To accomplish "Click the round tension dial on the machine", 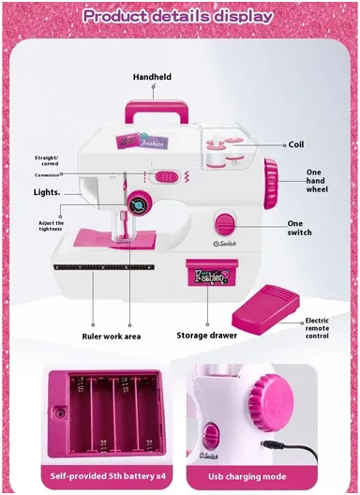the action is (139, 202).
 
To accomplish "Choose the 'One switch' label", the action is (301, 228).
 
